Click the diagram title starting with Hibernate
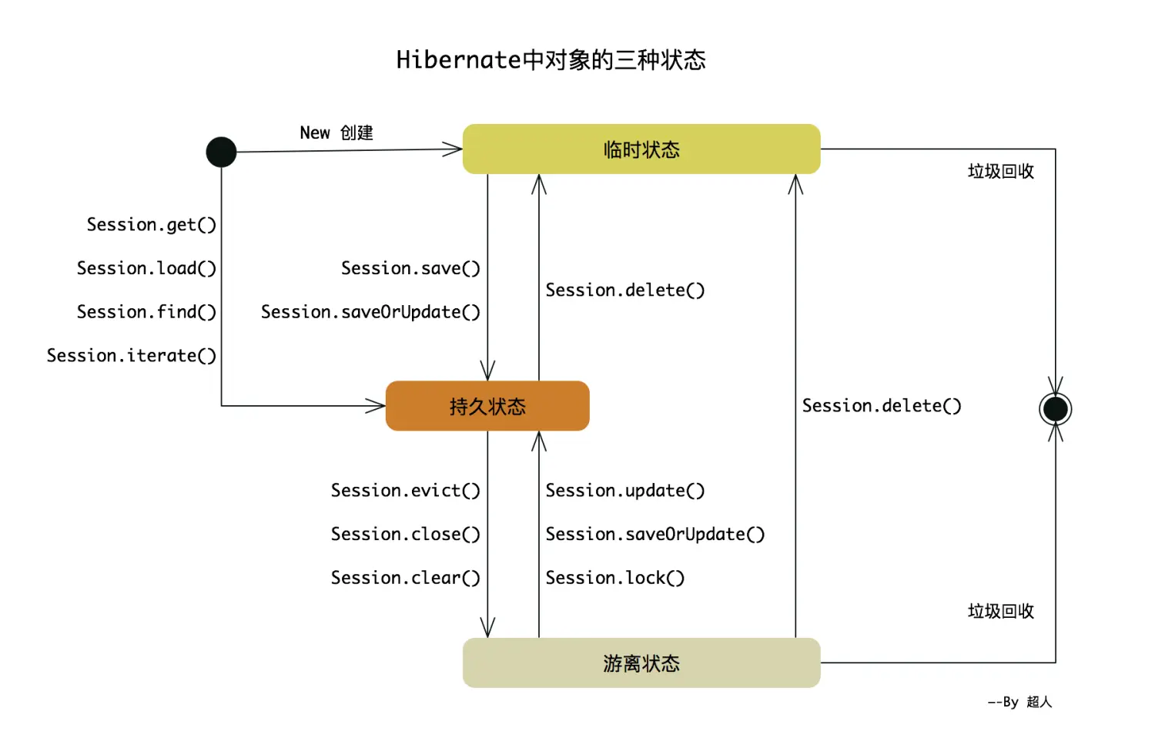point(551,60)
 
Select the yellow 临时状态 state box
point(641,149)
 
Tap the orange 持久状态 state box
point(487,406)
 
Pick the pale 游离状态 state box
point(641,663)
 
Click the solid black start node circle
point(221,152)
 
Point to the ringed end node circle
point(1055,409)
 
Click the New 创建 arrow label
point(336,133)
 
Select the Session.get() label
point(151,224)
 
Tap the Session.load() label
point(146,268)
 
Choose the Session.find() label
point(146,312)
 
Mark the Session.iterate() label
point(132,355)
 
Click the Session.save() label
point(410,268)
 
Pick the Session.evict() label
point(405,491)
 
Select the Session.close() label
point(405,534)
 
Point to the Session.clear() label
point(405,578)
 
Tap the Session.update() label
point(625,491)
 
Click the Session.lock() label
point(614,578)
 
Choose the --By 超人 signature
point(1019,702)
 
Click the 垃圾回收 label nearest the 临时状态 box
point(1000,171)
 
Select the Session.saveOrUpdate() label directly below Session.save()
point(370,312)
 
